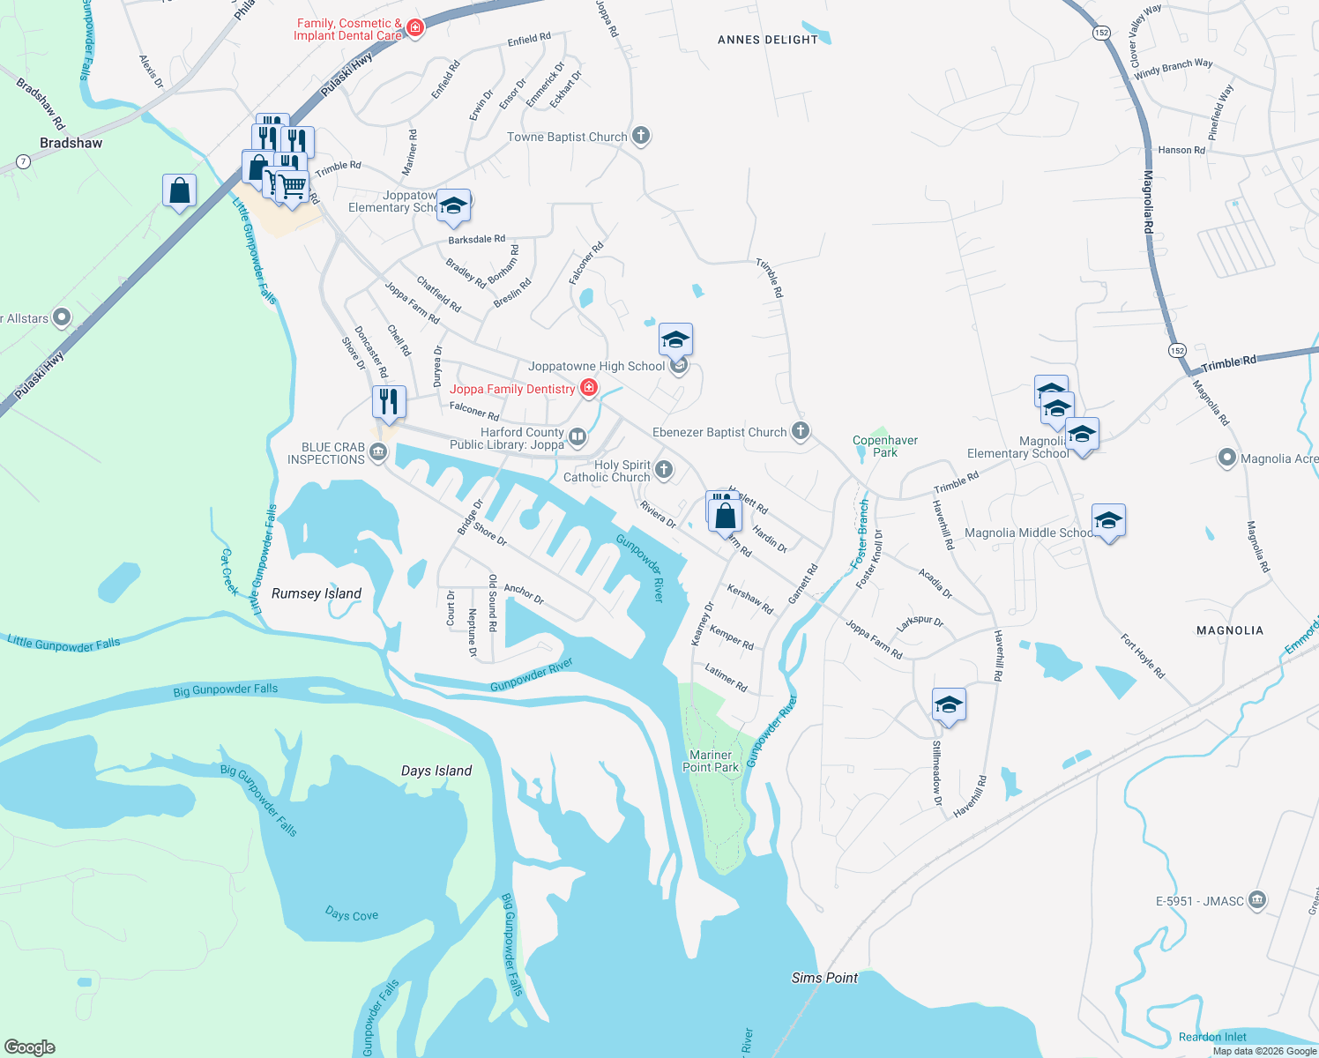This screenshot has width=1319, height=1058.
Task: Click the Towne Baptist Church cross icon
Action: (641, 136)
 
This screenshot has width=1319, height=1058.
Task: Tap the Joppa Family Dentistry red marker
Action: (589, 388)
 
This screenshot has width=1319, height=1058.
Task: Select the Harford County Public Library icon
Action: (578, 436)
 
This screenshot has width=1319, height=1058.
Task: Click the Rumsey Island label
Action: (317, 593)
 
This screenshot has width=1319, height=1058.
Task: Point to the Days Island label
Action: (436, 771)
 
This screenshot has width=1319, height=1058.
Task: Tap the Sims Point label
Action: (824, 978)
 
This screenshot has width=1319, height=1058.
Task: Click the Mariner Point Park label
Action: (711, 761)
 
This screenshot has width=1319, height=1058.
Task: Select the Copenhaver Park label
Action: (885, 446)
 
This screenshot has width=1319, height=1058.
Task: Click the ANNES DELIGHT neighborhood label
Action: (768, 40)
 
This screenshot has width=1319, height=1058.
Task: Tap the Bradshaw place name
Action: (71, 143)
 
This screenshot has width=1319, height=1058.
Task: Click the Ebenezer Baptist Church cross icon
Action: (801, 431)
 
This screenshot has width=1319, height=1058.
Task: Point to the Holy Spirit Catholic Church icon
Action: (664, 470)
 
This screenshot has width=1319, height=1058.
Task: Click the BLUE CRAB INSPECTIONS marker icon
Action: (378, 453)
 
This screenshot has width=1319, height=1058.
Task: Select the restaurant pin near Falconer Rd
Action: (389, 402)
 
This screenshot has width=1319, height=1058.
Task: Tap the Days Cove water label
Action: (352, 914)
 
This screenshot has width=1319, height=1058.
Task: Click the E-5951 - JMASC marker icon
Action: (1258, 900)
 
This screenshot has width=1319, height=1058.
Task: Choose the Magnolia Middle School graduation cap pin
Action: (1108, 522)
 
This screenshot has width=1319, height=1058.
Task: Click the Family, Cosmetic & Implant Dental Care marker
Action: (415, 28)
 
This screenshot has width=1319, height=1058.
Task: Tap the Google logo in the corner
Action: (30, 1047)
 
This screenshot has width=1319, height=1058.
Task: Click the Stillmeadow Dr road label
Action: (937, 773)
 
